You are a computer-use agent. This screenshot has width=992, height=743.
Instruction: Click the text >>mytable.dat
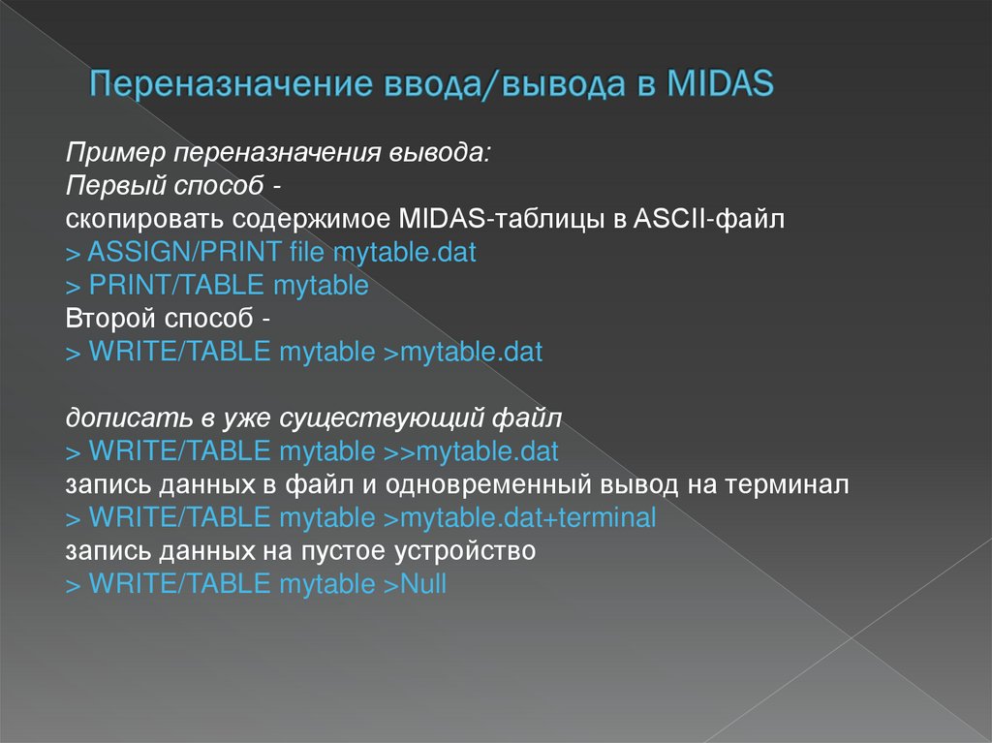(471, 451)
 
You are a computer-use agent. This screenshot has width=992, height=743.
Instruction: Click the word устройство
(466, 552)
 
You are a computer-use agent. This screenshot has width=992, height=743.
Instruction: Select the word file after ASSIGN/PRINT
(307, 253)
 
